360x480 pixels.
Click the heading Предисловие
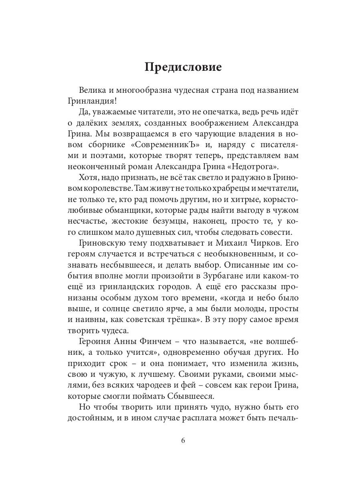tap(183, 67)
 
